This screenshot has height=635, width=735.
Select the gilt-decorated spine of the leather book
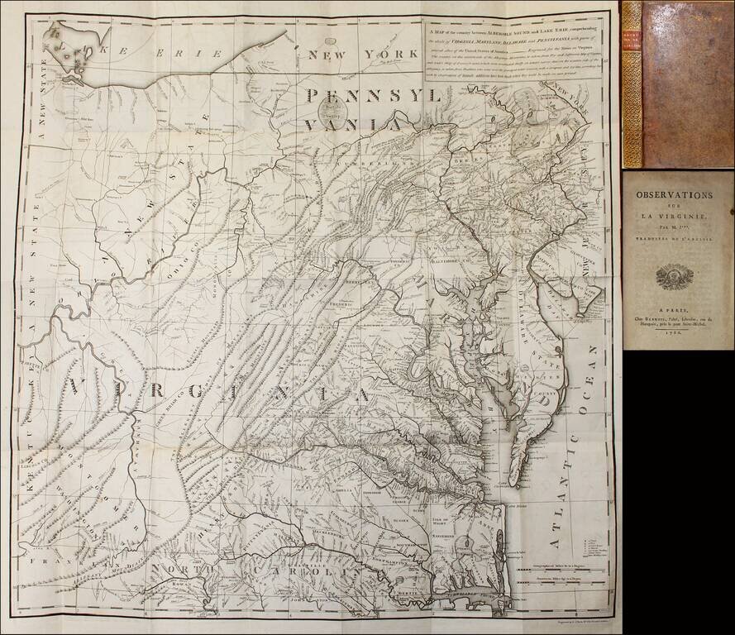pyautogui.click(x=632, y=83)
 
